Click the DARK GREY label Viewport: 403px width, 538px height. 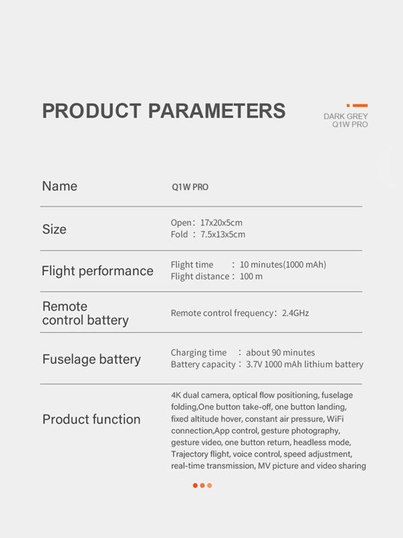pyautogui.click(x=345, y=116)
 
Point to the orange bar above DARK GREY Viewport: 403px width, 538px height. pyautogui.click(x=359, y=106)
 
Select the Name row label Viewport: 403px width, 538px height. pyautogui.click(x=60, y=186)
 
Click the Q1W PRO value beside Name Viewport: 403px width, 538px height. pyautogui.click(x=190, y=187)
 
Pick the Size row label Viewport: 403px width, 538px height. pyautogui.click(x=54, y=229)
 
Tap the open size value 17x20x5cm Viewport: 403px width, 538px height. pyautogui.click(x=222, y=223)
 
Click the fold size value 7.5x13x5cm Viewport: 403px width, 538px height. pyautogui.click(x=223, y=235)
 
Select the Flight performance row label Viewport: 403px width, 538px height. pyautogui.click(x=97, y=271)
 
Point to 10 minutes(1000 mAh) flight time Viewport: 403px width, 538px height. pyautogui.click(x=283, y=264)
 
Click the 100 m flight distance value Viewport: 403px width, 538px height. pyautogui.click(x=251, y=276)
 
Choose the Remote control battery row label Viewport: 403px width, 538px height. pyautogui.click(x=85, y=313)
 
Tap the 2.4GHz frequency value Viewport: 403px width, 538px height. pyautogui.click(x=294, y=313)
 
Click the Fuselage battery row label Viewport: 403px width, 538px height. pyautogui.click(x=91, y=359)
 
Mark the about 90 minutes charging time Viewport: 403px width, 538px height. pyautogui.click(x=280, y=352)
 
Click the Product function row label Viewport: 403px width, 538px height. pyautogui.click(x=91, y=420)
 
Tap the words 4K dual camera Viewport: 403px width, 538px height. pyautogui.click(x=199, y=395)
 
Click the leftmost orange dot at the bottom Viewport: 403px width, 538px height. pyautogui.click(x=195, y=486)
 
